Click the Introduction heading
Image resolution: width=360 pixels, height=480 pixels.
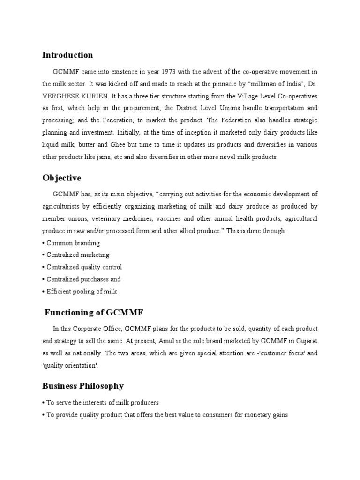[67, 55]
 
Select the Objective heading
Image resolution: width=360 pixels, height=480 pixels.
[61, 178]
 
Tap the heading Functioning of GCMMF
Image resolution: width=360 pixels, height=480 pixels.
[86, 312]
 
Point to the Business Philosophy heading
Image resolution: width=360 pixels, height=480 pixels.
[83, 386]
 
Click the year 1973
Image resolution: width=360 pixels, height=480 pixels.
[170, 72]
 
